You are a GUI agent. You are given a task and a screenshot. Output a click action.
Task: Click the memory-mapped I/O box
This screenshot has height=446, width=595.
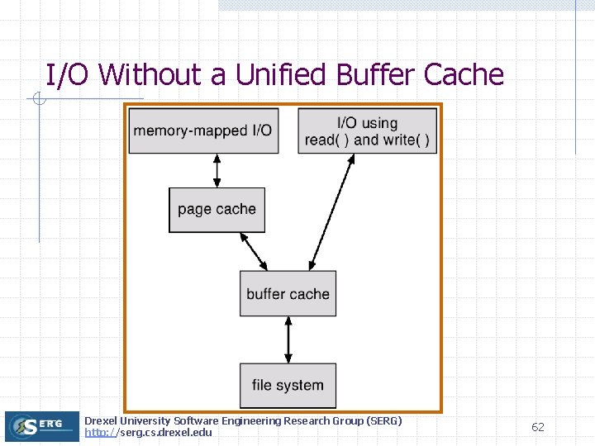(202, 130)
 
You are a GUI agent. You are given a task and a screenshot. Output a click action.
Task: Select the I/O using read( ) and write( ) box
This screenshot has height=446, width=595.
(367, 130)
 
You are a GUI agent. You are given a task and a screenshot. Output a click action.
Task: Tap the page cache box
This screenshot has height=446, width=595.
(217, 209)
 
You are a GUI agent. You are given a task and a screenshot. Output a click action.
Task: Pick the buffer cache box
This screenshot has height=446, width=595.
(288, 293)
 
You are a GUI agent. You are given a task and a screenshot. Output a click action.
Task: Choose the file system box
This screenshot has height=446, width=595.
(288, 385)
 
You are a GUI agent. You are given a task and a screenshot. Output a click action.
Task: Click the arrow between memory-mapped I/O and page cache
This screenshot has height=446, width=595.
(217, 170)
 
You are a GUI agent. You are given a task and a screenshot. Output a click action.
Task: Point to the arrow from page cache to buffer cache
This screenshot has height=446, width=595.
(253, 251)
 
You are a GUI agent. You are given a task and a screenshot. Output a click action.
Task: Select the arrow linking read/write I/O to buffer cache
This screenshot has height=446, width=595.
(331, 212)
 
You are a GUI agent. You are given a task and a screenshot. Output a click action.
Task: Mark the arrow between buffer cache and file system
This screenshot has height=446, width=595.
(288, 339)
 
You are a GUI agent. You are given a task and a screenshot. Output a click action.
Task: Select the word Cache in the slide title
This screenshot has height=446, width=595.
(464, 75)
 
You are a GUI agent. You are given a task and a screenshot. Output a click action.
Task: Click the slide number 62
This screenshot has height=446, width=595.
(538, 427)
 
